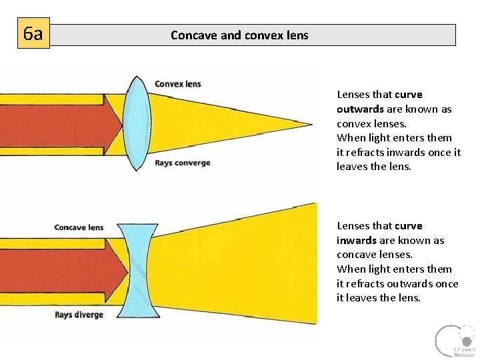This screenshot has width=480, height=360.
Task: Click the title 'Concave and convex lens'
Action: (239, 35)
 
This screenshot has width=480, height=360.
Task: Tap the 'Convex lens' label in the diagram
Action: (178, 84)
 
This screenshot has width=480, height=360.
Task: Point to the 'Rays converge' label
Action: (182, 163)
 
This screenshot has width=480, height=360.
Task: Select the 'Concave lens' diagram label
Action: (79, 227)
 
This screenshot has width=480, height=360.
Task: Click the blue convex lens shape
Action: (137, 123)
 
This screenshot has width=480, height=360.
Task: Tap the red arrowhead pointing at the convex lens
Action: (113, 124)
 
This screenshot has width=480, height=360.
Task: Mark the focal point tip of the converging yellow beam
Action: (310, 123)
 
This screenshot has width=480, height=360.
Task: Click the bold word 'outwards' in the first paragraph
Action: (361, 109)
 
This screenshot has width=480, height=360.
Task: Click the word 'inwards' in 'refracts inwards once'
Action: (410, 152)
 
